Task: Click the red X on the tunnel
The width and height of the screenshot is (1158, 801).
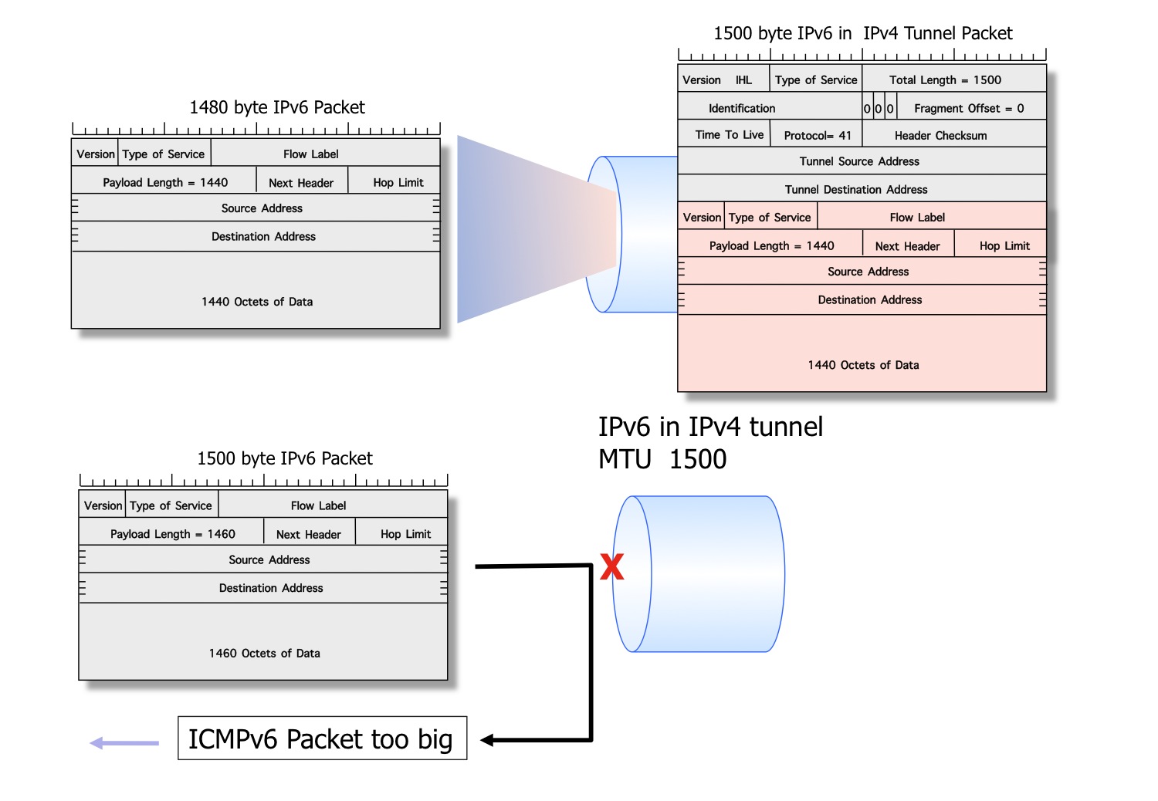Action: [611, 567]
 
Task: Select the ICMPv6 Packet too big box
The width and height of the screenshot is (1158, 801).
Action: [322, 738]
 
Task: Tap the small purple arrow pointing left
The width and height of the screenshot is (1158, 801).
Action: [124, 743]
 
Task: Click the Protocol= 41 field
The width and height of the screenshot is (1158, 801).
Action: [817, 135]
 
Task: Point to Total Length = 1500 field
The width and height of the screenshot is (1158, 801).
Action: [945, 79]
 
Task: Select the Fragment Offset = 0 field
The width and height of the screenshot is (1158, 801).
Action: [969, 108]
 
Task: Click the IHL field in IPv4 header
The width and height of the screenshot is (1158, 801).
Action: [743, 79]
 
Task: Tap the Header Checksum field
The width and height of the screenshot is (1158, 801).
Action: [940, 135]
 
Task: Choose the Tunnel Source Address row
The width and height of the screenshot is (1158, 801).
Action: [859, 161]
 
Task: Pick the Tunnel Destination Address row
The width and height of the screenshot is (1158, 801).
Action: [856, 189]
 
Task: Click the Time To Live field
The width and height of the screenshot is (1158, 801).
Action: [729, 134]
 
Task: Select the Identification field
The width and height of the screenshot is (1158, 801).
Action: [742, 108]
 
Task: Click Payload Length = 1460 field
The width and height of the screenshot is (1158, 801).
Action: [172, 534]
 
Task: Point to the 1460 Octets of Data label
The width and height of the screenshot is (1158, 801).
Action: [264, 653]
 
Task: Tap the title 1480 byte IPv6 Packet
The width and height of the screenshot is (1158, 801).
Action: [277, 107]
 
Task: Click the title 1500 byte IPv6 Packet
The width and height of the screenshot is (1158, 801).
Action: [285, 458]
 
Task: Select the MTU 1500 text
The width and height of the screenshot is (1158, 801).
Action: [662, 459]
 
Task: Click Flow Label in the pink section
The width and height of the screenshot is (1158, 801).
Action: [917, 218]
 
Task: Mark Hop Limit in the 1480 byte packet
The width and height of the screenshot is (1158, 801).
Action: [398, 183]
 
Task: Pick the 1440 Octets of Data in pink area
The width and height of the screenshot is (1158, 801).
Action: [863, 365]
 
